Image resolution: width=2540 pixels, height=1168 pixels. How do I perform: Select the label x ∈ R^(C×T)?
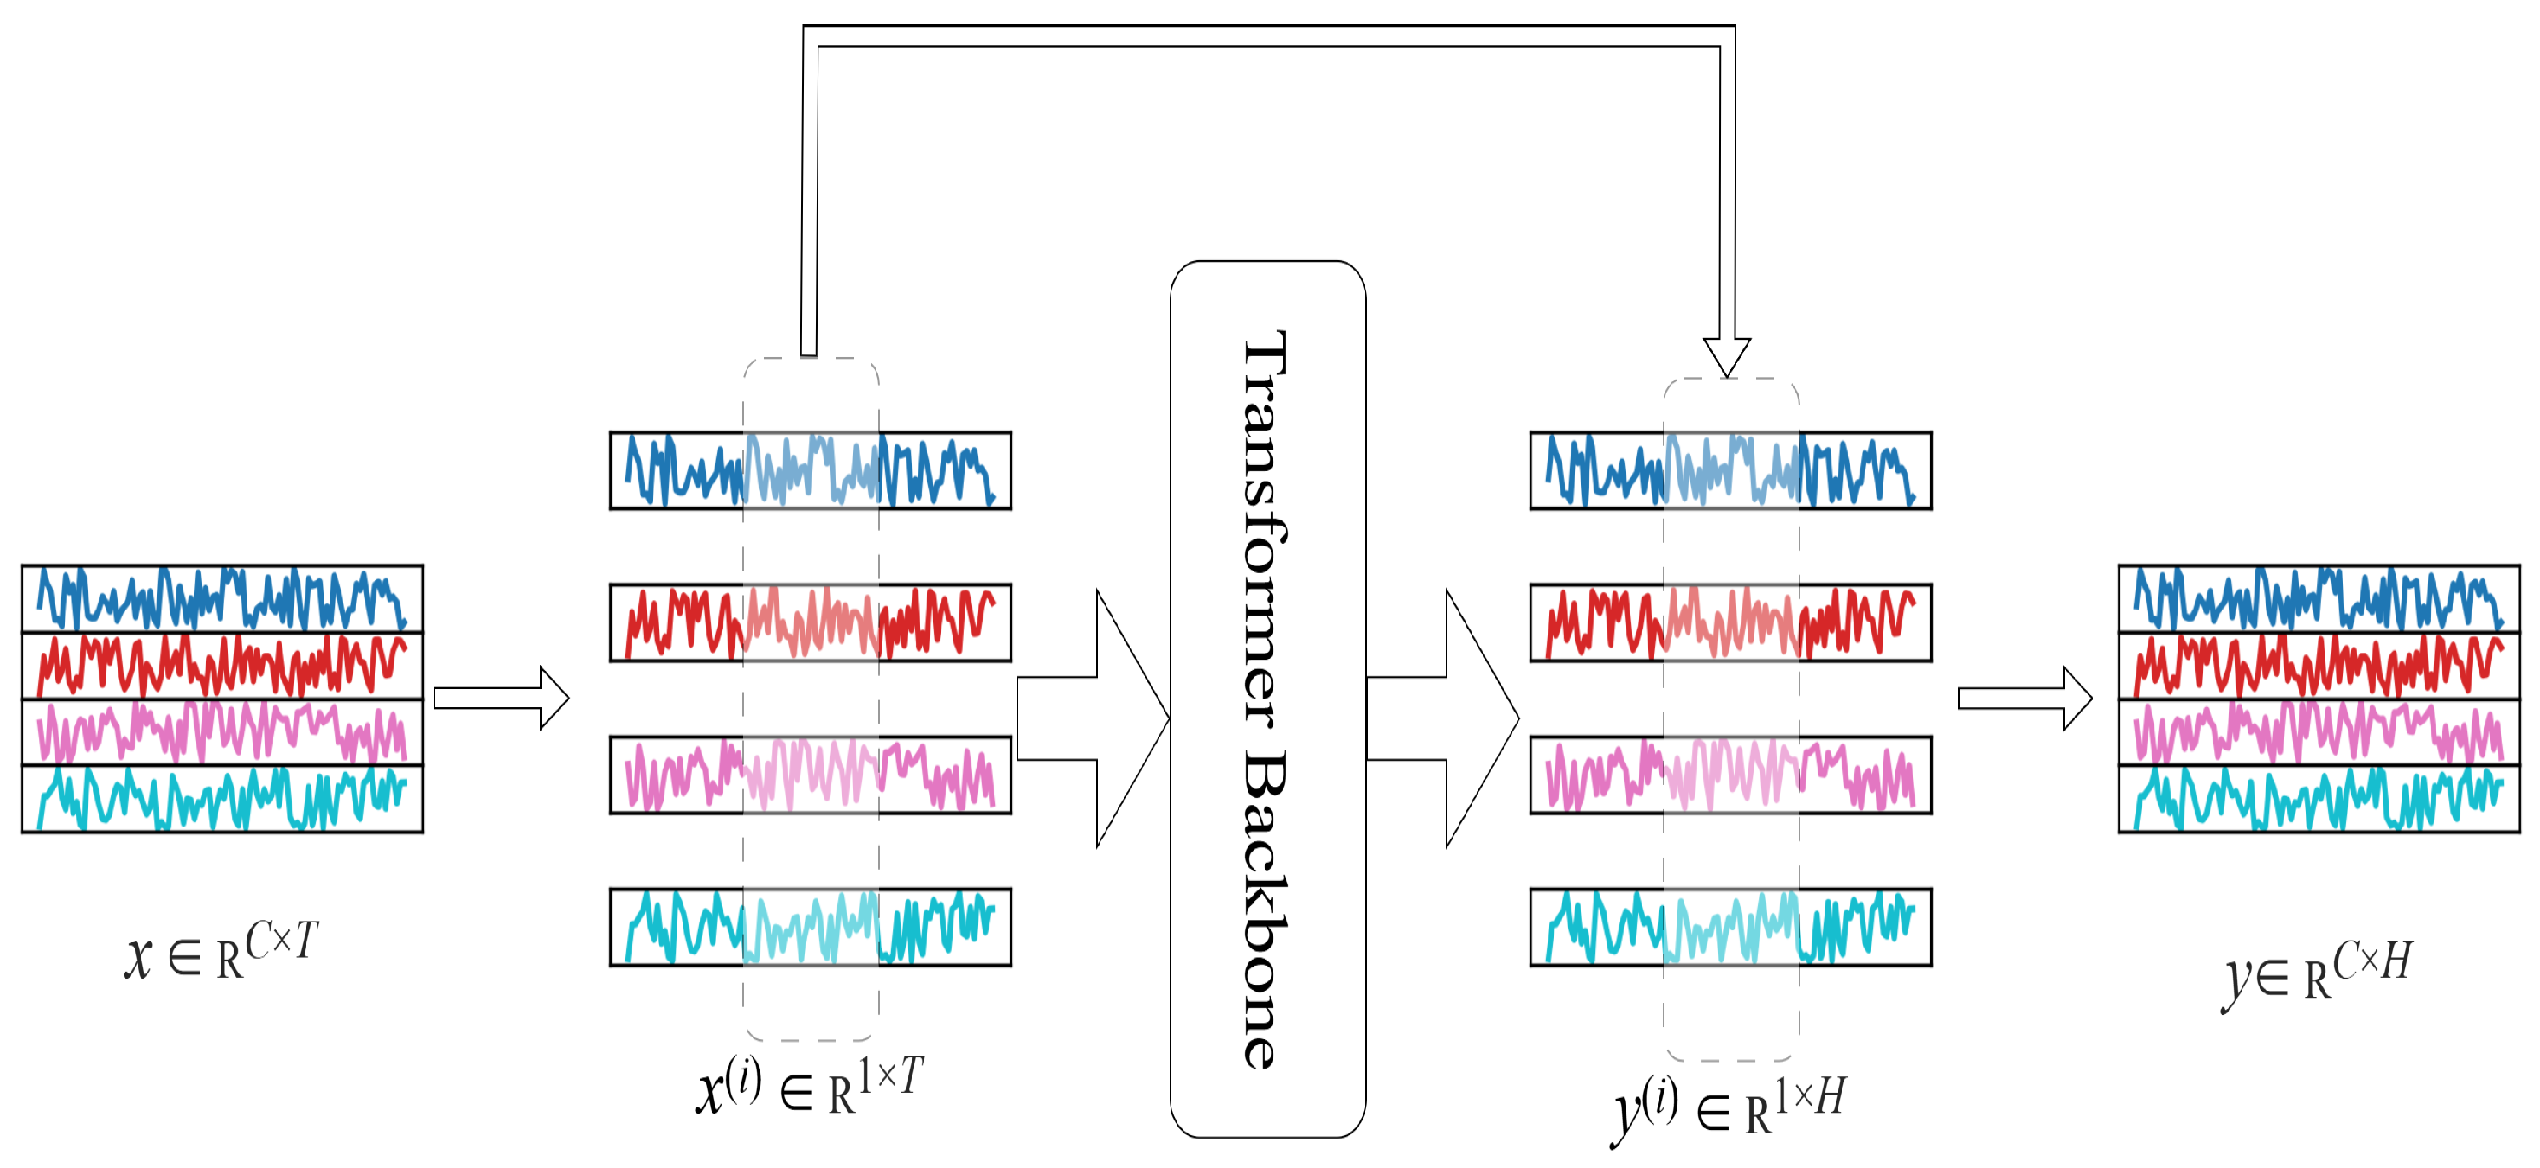tap(221, 950)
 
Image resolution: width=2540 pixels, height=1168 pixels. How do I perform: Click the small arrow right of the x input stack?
tap(501, 698)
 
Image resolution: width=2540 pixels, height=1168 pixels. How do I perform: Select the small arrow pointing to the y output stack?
tap(2024, 698)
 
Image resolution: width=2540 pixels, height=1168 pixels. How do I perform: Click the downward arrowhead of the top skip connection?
tap(1727, 356)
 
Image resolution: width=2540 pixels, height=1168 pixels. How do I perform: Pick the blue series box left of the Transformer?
tap(811, 470)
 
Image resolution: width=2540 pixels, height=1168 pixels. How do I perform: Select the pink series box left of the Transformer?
tap(811, 775)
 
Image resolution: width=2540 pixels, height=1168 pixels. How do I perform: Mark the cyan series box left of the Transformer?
tap(811, 927)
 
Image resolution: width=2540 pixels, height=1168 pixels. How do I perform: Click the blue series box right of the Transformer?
tap(1730, 470)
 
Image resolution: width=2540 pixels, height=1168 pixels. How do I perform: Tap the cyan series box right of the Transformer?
tap(1730, 927)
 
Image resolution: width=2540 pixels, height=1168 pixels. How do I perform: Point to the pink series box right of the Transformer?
tap(1730, 775)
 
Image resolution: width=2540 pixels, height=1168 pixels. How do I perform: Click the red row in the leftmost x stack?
tap(221, 666)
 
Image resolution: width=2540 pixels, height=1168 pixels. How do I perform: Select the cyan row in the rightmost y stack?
tap(2319, 798)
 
